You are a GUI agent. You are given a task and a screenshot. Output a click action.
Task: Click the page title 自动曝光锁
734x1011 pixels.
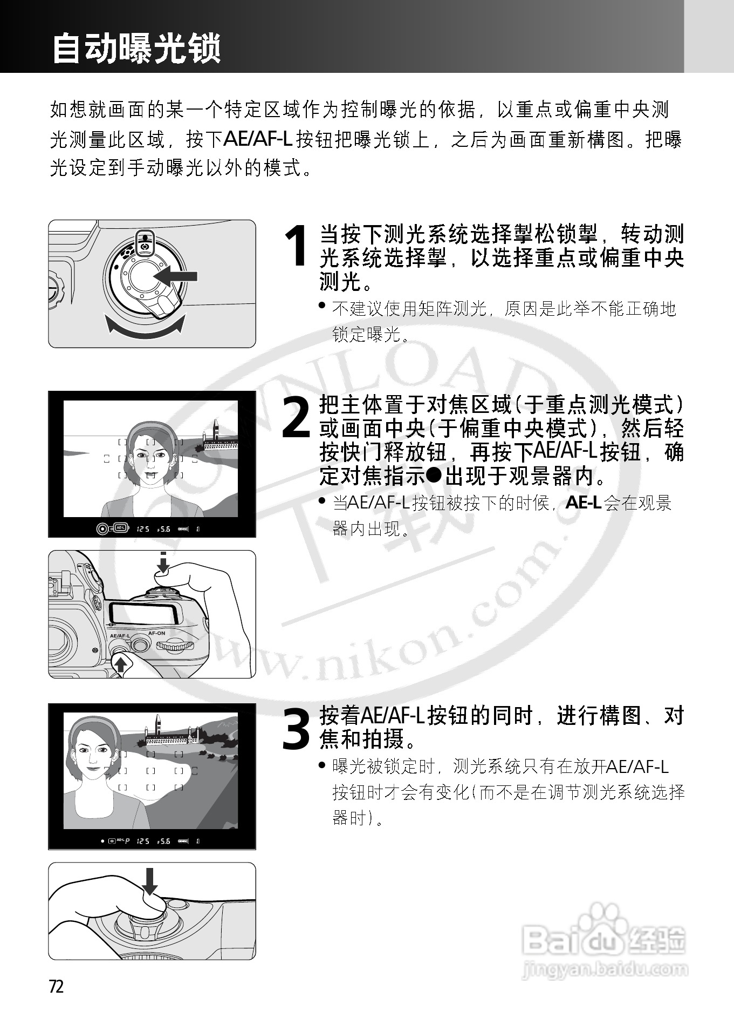(x=136, y=49)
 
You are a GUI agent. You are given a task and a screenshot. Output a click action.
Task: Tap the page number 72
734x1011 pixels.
(x=57, y=986)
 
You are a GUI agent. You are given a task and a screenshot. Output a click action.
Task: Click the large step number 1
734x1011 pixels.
(x=296, y=246)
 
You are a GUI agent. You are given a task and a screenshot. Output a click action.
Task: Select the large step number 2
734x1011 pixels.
(x=296, y=417)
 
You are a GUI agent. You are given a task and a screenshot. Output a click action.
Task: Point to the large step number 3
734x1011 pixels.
(x=296, y=729)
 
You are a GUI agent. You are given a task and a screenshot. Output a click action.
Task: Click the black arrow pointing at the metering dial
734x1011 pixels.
(x=176, y=276)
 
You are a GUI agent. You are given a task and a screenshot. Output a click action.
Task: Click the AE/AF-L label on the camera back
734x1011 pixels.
(x=120, y=636)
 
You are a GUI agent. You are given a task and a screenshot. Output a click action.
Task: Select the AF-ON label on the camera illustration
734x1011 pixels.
(x=156, y=633)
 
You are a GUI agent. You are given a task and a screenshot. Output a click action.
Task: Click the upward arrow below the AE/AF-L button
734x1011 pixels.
(x=121, y=663)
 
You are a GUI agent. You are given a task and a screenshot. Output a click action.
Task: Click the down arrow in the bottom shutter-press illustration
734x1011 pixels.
(x=150, y=881)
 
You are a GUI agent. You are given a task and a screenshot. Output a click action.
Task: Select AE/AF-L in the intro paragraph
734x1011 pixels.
(x=258, y=139)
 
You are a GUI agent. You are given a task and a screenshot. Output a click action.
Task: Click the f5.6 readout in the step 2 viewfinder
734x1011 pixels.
(x=163, y=529)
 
